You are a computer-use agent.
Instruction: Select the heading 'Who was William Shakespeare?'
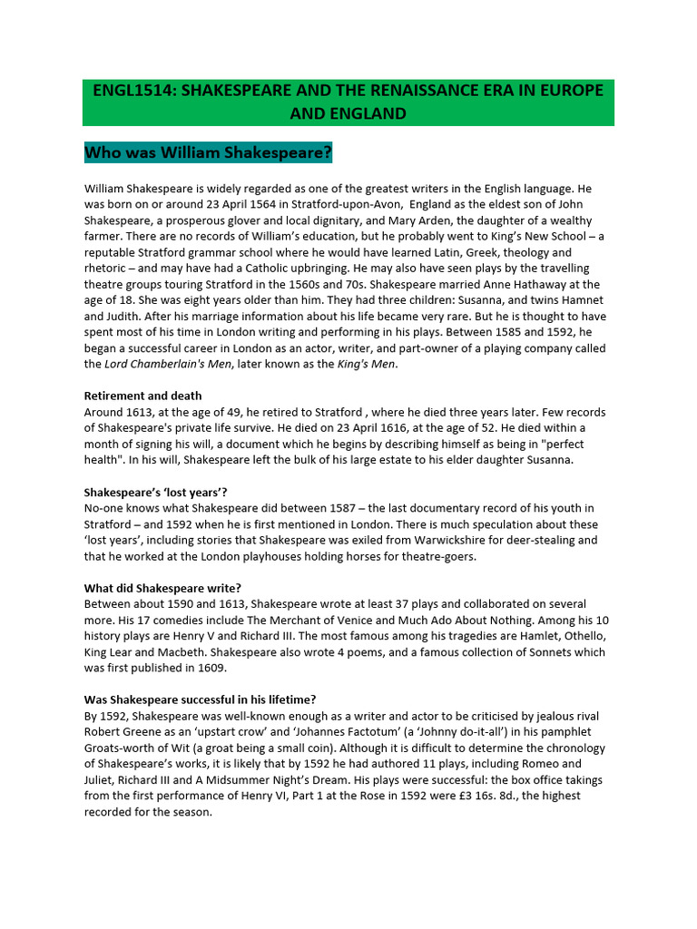pos(208,152)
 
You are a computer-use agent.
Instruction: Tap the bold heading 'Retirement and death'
pos(142,396)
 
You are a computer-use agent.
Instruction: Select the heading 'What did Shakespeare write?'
pos(162,587)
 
